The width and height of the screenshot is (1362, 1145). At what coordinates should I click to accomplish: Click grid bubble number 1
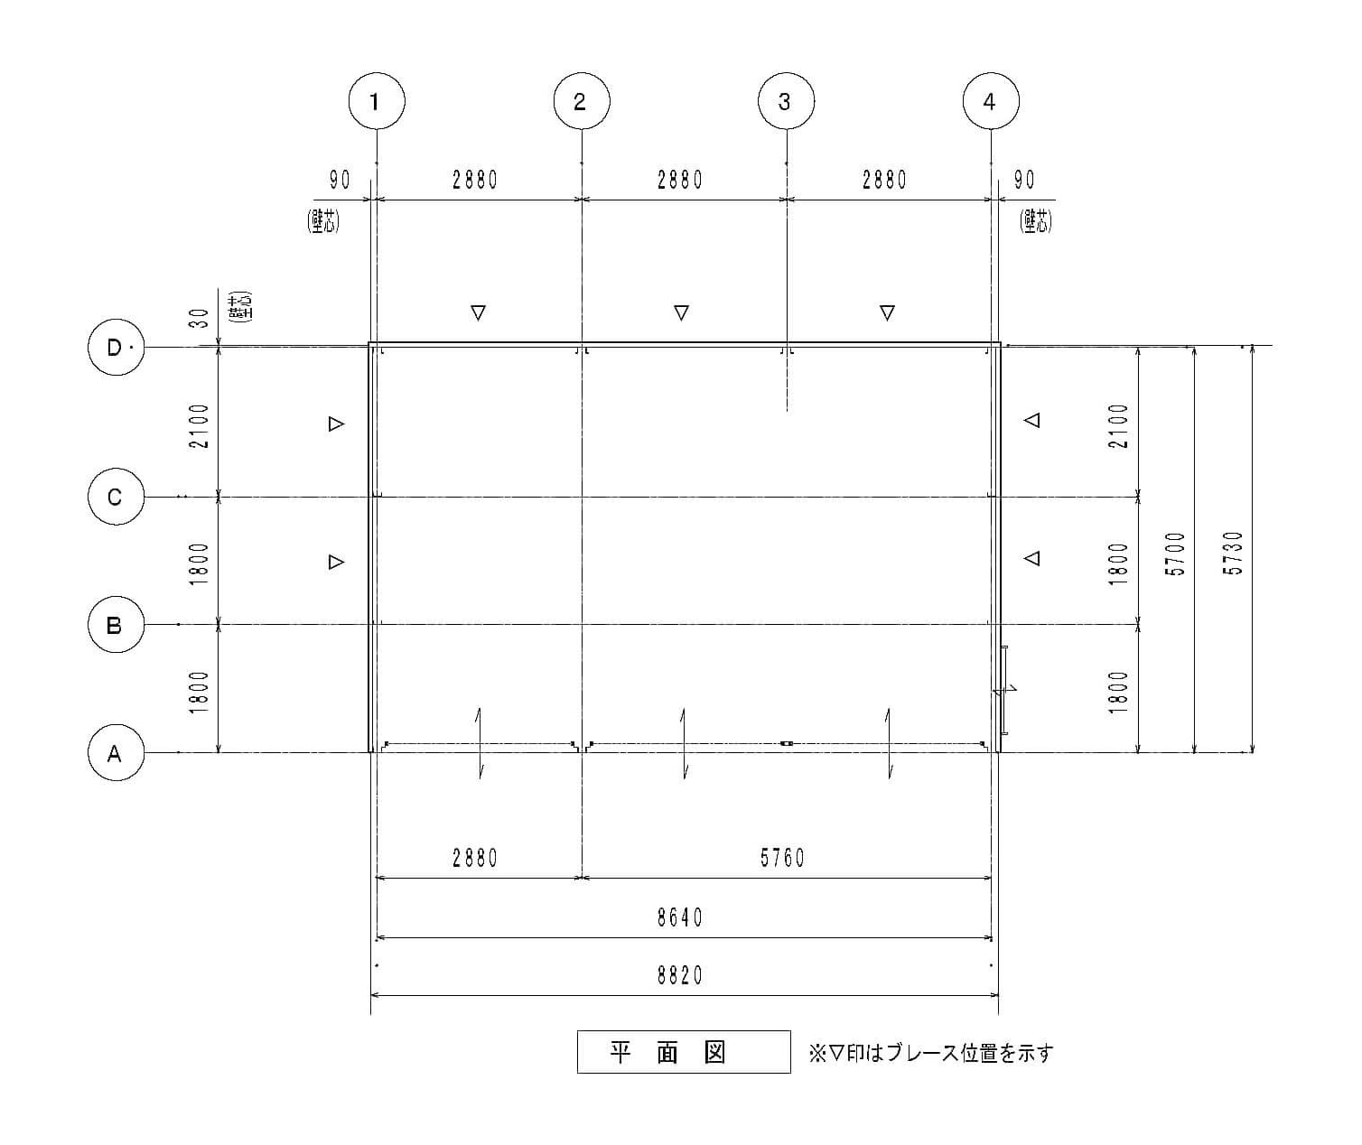377,101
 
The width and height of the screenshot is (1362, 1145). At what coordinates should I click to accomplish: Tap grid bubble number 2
582,101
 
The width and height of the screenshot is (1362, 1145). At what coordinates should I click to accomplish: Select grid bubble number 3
786,101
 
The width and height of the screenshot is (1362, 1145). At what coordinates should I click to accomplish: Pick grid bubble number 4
991,101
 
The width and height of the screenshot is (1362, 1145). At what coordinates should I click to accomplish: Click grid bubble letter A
117,752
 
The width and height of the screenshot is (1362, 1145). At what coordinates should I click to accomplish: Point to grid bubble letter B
117,624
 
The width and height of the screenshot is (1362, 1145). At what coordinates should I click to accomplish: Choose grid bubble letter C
117,497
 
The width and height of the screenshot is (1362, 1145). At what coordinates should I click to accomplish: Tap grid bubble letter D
117,347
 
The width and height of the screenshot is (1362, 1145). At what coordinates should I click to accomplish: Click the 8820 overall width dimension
680,976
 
